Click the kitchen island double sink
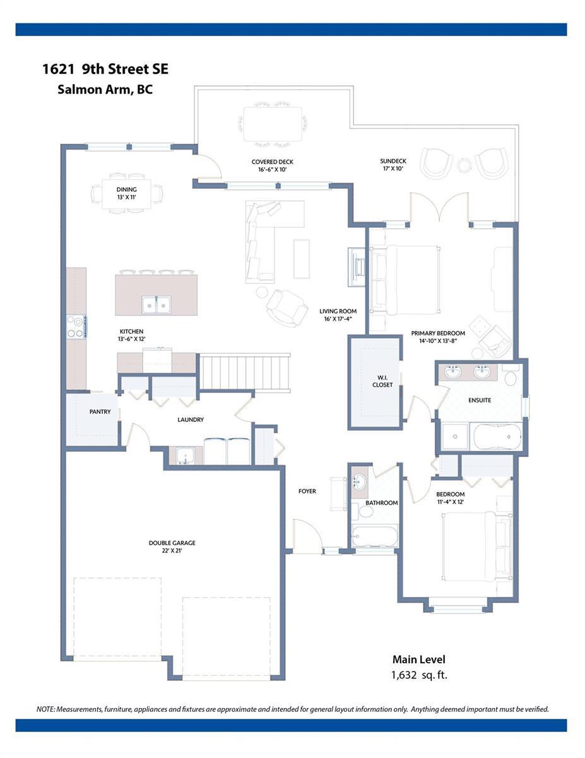coord(156,304)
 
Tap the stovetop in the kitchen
coord(76,327)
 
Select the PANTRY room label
coord(100,412)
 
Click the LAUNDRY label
coord(191,419)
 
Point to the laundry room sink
coord(186,455)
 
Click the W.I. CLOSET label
coord(382,382)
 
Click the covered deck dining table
coord(273,124)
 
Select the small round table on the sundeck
coord(464,165)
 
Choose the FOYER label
coord(307,491)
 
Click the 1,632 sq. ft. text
coord(419,675)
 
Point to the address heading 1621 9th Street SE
coord(105,69)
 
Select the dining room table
coord(127,194)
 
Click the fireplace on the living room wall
coord(357,267)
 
